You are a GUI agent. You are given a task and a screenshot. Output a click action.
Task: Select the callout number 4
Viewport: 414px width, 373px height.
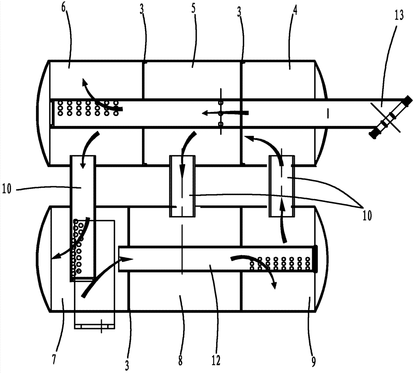295,10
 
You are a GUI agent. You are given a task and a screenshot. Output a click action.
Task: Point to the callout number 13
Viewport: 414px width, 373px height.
399,15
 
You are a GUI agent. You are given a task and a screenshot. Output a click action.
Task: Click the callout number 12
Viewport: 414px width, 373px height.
216,360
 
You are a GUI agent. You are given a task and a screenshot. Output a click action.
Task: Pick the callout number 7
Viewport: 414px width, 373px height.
54,360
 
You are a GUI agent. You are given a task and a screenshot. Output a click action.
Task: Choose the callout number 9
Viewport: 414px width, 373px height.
313,361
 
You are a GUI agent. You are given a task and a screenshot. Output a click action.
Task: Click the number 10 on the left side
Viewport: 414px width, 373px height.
7,189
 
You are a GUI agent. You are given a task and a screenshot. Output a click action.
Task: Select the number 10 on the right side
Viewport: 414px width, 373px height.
367,216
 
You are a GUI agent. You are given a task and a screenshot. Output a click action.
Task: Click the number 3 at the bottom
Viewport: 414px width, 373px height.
127,366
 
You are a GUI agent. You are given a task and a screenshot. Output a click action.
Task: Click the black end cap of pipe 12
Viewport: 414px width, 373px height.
315,259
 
